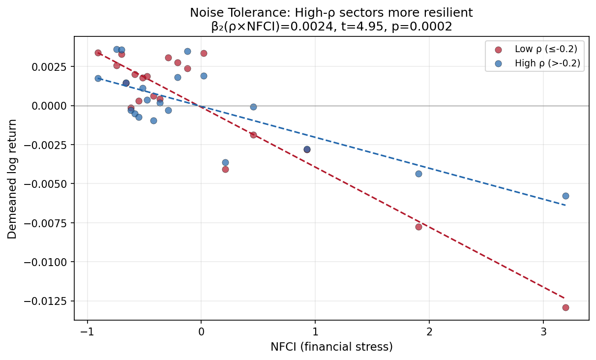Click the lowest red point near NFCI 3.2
(566, 307)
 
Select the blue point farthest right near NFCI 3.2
(566, 196)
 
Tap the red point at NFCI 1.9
(418, 227)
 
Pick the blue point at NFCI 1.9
(418, 174)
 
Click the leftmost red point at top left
(98, 53)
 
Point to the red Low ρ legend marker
(499, 49)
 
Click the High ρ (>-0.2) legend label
(547, 63)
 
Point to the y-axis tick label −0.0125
(48, 301)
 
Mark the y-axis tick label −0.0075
(48, 223)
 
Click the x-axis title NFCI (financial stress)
(331, 347)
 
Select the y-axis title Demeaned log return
(12, 179)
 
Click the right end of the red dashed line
(565, 298)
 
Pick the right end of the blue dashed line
(565, 205)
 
